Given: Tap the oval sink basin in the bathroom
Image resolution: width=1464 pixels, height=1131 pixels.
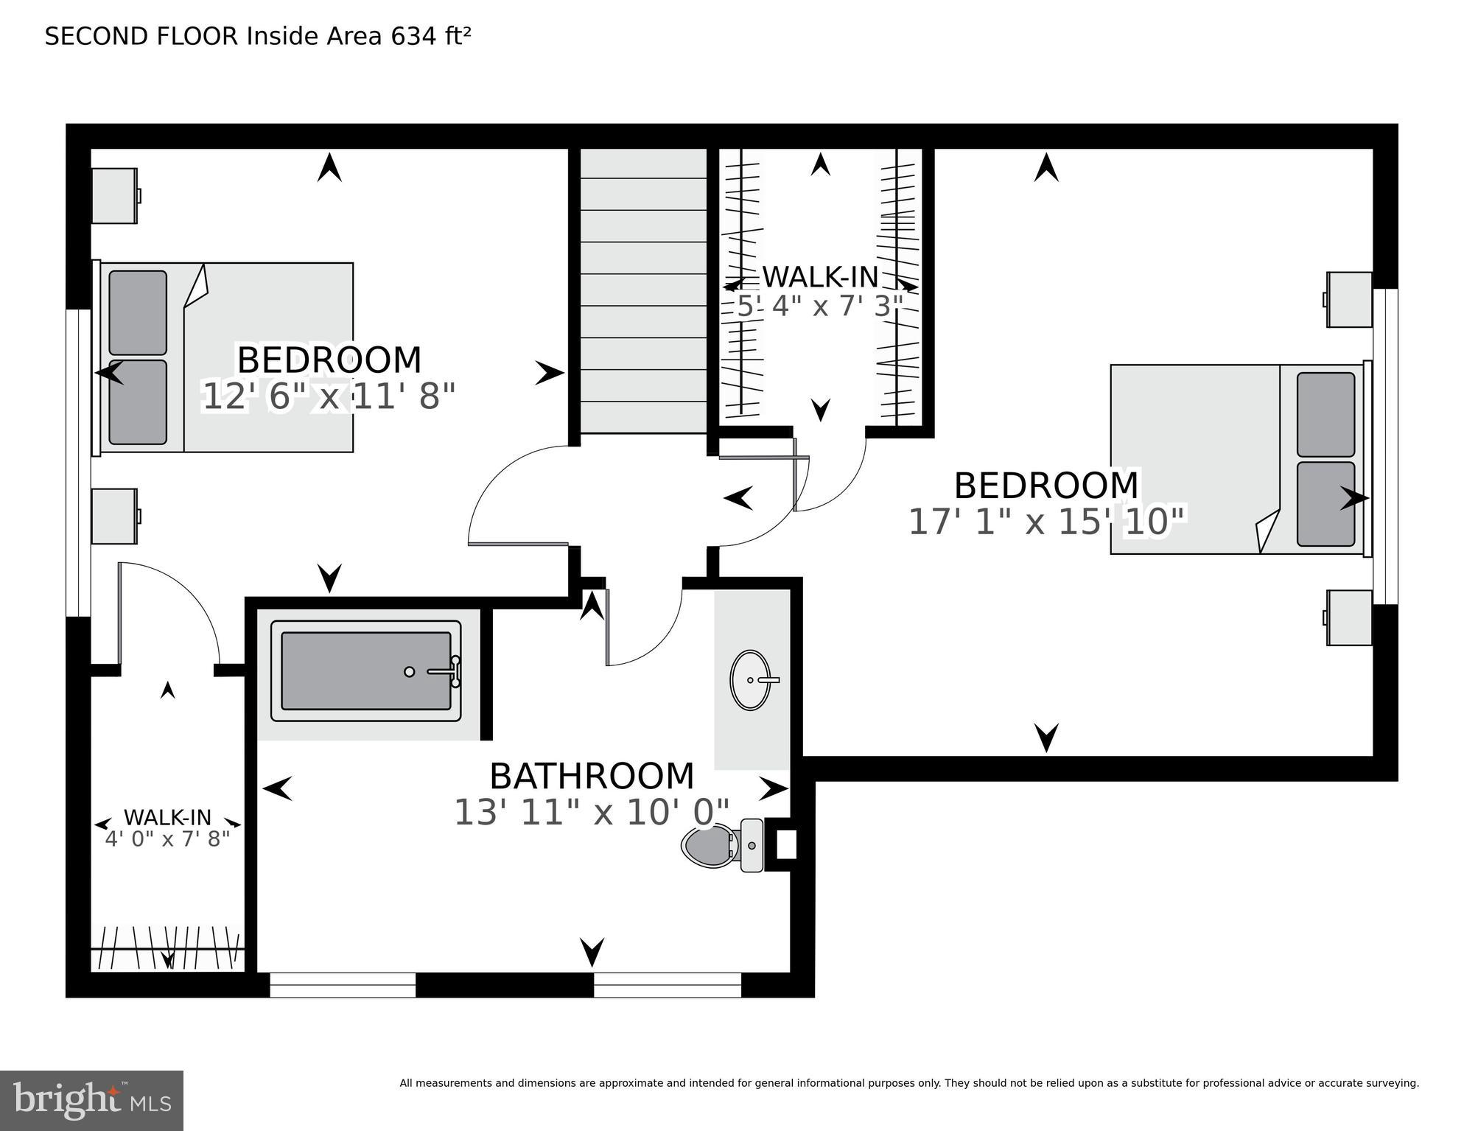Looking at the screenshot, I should [750, 679].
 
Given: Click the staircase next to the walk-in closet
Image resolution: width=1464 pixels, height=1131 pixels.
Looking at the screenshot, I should [643, 291].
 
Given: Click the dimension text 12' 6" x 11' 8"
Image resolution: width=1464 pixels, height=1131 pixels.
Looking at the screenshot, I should [329, 397].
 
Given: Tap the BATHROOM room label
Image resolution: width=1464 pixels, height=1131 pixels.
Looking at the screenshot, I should [592, 776].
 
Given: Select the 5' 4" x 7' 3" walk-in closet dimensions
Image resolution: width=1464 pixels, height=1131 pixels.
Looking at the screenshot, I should [820, 306].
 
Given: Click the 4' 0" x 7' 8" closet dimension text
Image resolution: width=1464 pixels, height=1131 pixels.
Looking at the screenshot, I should [167, 839].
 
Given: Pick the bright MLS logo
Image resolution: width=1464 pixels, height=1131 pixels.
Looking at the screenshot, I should [91, 1101].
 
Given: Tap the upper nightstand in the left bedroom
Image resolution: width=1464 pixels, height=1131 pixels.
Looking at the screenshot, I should [114, 196].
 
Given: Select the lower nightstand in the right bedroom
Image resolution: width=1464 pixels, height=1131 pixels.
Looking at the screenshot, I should [1349, 617].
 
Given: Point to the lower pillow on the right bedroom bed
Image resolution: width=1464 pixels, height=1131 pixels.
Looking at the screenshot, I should [1325, 504].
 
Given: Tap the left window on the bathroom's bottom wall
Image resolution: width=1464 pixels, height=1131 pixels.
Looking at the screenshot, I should [343, 985].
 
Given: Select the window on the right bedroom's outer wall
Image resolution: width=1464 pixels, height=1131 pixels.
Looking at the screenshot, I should [1386, 446].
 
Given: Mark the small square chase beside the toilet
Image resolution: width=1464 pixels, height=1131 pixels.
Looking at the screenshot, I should [786, 845].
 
